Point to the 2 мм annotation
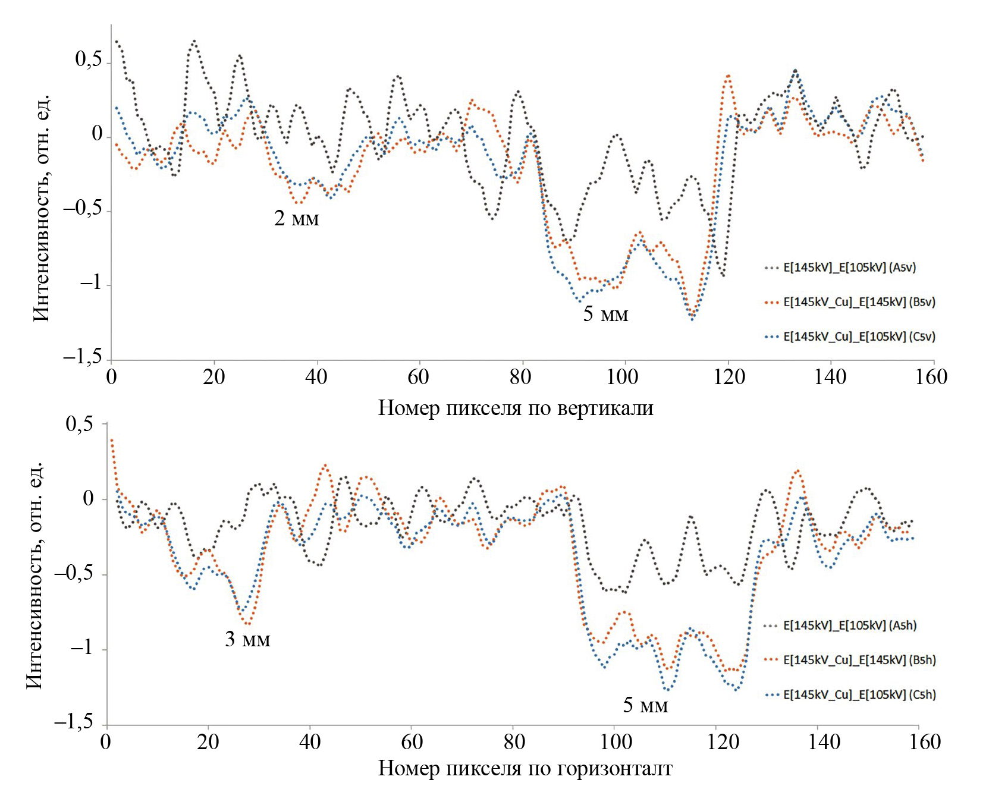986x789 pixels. click(296, 219)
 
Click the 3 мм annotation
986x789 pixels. click(247, 639)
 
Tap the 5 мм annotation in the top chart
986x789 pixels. click(605, 314)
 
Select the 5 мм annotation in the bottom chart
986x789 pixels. click(645, 705)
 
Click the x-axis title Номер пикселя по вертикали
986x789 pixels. click(516, 408)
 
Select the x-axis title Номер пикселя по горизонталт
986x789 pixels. click(525, 769)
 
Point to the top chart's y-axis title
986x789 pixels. click(41, 208)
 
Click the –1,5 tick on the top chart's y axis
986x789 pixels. click(83, 357)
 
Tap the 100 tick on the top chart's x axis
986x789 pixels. click(623, 377)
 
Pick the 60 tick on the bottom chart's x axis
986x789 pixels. click(412, 742)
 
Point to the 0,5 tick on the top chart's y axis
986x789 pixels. click(89, 59)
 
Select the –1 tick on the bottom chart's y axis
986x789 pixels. click(81, 647)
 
